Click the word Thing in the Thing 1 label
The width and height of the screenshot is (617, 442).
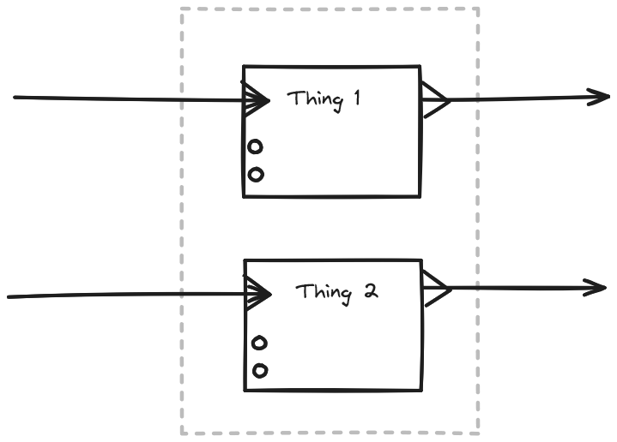click(312, 99)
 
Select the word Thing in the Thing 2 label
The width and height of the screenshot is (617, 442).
click(324, 292)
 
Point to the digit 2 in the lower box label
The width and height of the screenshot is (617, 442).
click(370, 290)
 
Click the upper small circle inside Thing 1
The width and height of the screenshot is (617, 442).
click(255, 147)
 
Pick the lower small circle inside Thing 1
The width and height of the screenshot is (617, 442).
click(255, 175)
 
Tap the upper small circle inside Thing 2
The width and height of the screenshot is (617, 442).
click(259, 343)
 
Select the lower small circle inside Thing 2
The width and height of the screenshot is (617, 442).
click(259, 371)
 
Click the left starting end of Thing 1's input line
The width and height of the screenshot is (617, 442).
click(15, 98)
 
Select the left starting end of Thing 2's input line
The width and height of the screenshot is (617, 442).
click(9, 297)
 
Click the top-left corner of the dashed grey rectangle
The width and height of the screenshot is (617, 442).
click(182, 9)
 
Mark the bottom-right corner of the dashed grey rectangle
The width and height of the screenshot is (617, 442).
click(478, 433)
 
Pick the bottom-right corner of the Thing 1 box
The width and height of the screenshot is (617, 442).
click(420, 196)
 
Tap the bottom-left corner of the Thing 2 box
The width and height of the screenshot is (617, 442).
click(245, 391)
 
